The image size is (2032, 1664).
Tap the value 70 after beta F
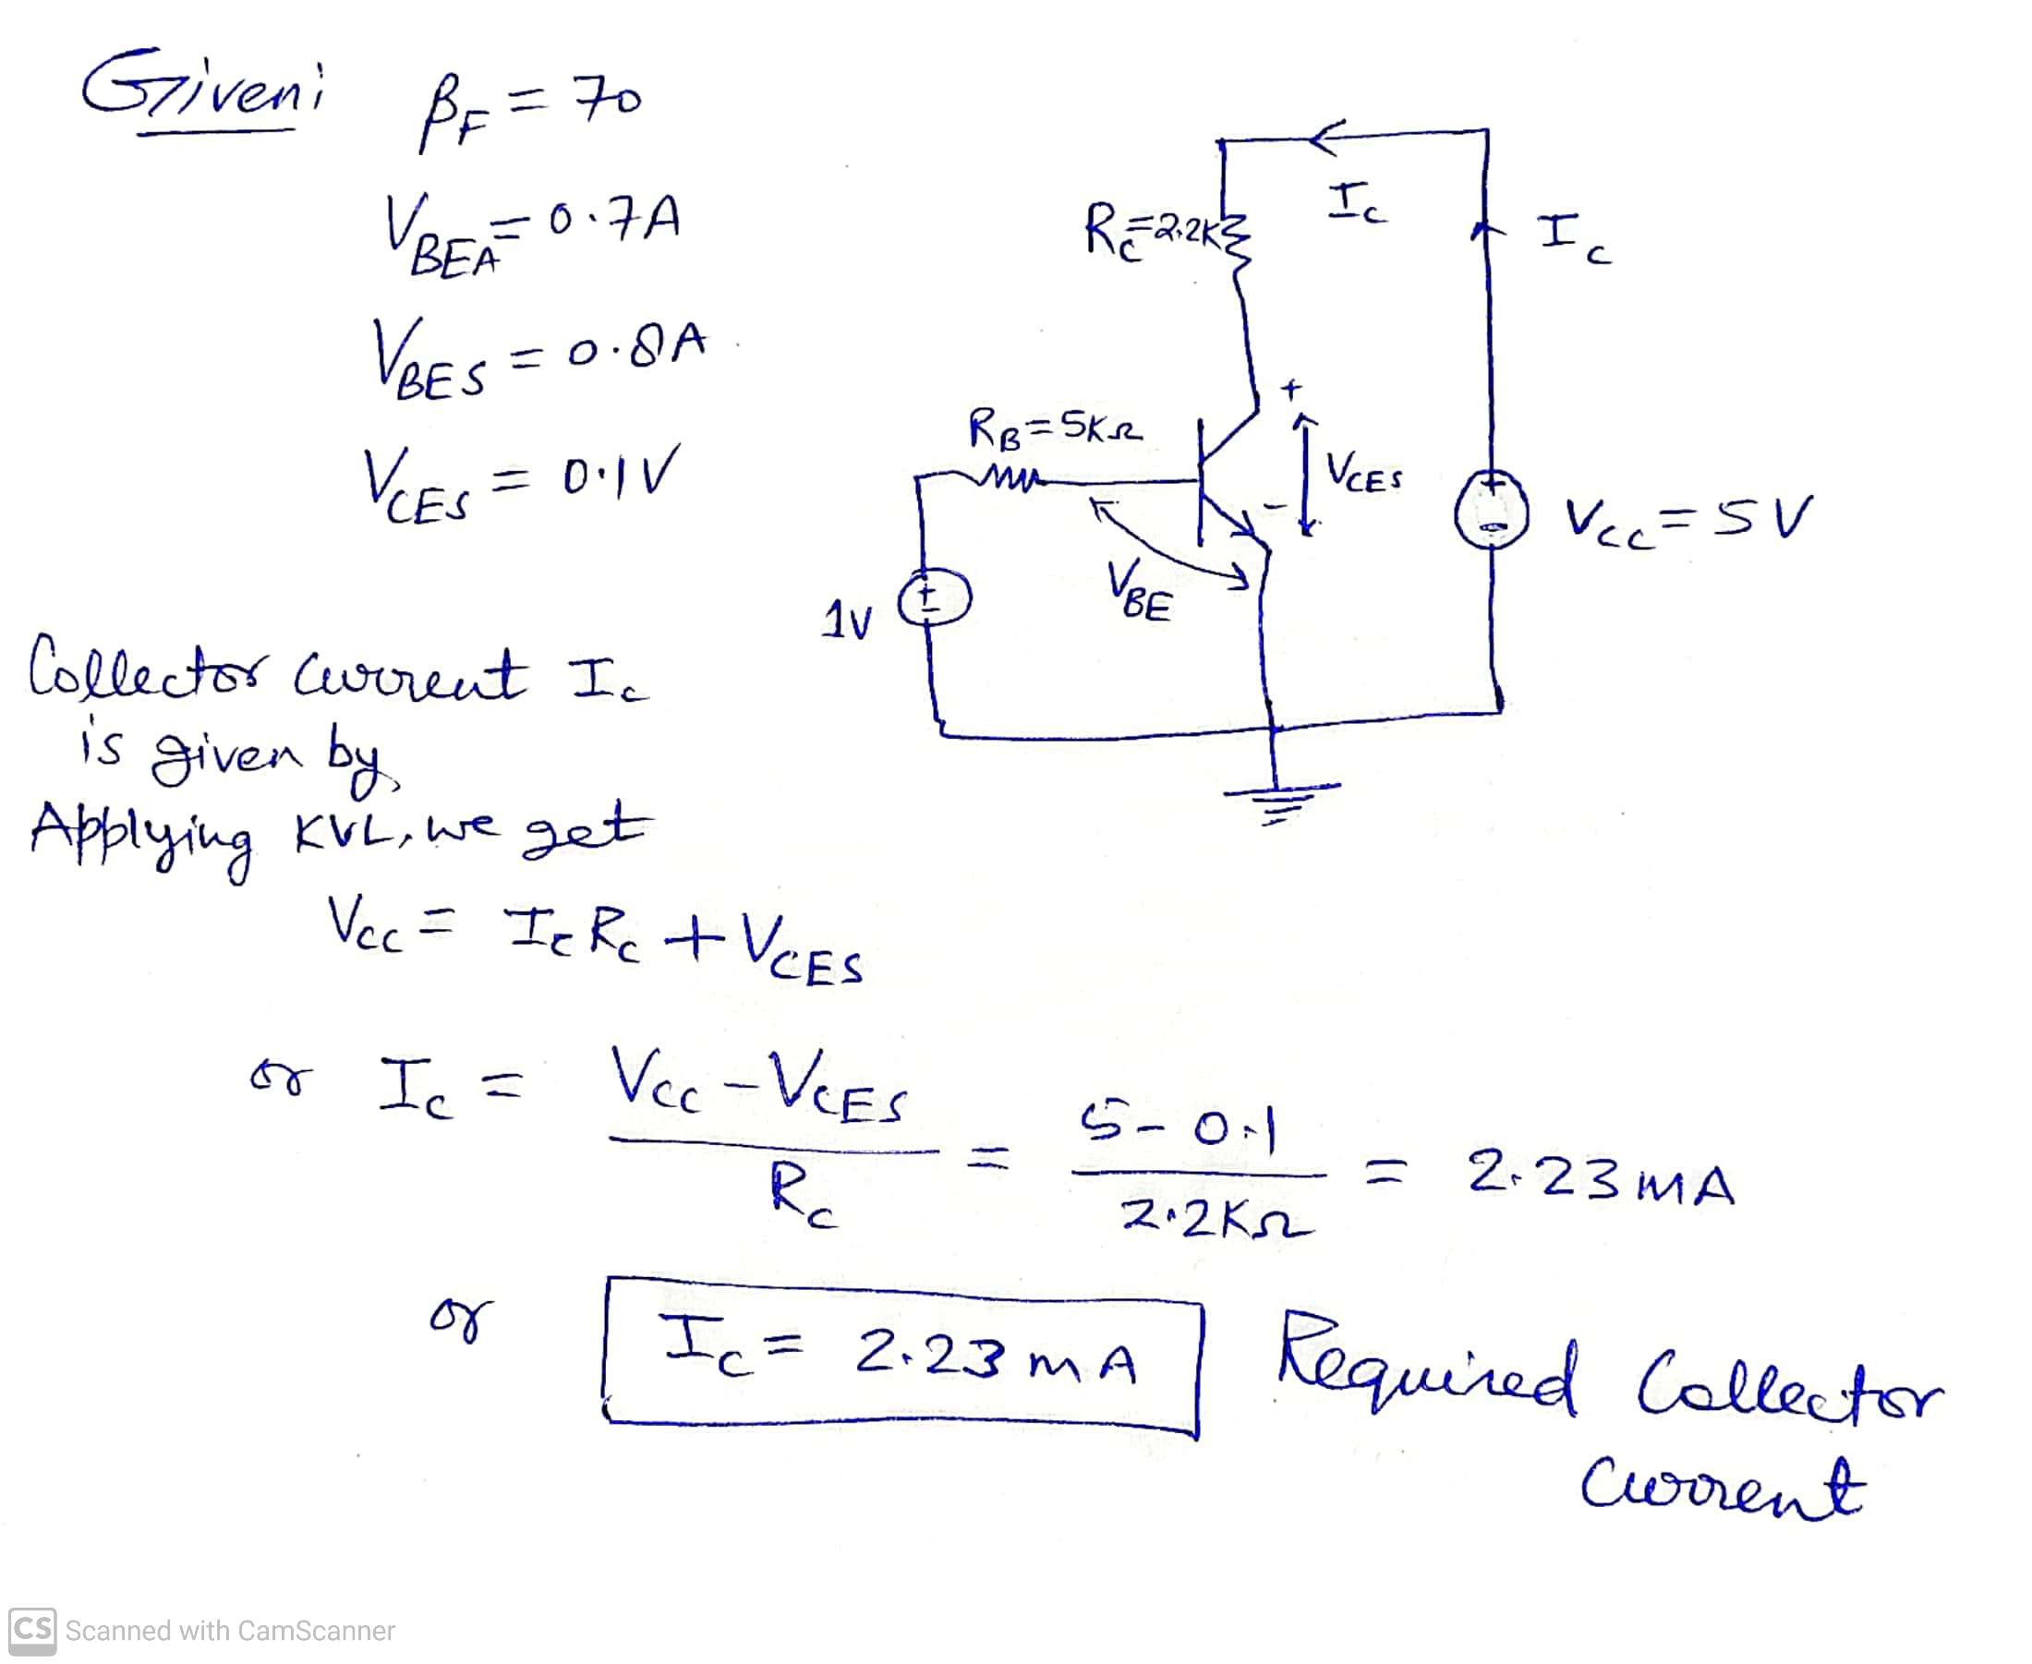[x=608, y=98]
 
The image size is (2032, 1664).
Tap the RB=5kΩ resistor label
[x=1055, y=428]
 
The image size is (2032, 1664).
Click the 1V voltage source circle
[x=935, y=599]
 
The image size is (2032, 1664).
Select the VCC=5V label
[x=1687, y=519]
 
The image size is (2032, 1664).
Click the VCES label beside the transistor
[x=1364, y=474]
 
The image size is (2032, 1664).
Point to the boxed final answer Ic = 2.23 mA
[x=901, y=1357]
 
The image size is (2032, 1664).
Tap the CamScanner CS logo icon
[x=31, y=1631]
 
